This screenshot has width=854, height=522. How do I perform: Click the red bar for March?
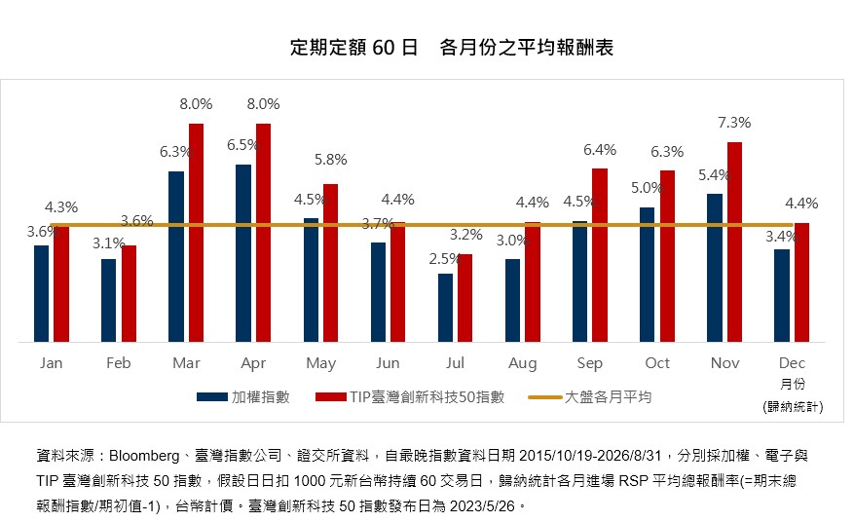point(196,233)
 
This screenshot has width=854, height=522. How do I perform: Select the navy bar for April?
point(243,253)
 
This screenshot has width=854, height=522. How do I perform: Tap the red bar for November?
point(735,242)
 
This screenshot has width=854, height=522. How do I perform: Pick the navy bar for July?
point(446,308)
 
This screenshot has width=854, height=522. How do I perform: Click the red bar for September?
point(600,255)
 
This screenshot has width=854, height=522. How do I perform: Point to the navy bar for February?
point(108,300)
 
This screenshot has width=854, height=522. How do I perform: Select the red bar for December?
point(801,282)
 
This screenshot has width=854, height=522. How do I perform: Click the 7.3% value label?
point(734,123)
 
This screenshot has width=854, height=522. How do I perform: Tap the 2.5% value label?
point(445,259)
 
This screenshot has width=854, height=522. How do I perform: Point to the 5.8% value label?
point(331,160)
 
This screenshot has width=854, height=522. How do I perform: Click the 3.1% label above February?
point(108,243)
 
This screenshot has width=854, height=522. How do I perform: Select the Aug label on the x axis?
point(522,363)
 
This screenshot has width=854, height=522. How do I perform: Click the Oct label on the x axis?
point(657,363)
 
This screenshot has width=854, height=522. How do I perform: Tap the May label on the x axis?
point(320,363)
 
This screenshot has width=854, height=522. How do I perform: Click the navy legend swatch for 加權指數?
point(212,397)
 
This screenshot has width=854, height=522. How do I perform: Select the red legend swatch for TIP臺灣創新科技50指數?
point(331,397)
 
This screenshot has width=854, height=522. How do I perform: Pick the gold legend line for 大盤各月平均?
point(545,397)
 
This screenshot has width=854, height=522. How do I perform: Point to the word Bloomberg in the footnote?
point(144,456)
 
